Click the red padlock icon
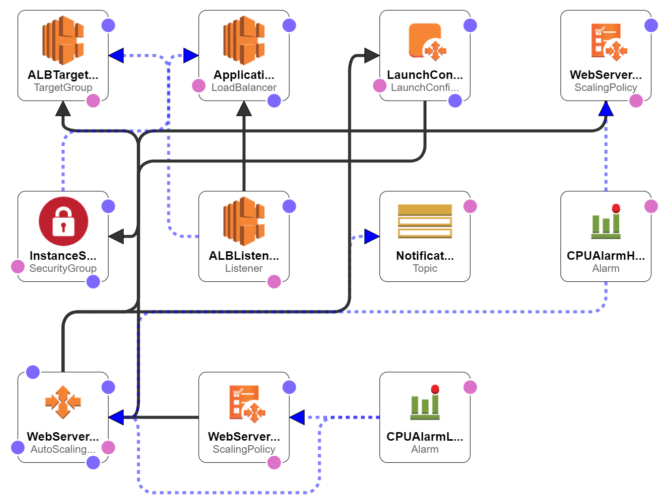coord(63,221)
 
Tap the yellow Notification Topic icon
coord(425,221)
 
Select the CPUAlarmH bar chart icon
coord(606,222)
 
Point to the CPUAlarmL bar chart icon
coord(425,403)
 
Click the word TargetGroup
coord(63,87)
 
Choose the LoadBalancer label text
coord(244,87)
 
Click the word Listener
coord(244,268)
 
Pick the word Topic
coord(425,268)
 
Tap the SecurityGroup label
coord(63,268)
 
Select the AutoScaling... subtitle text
coord(63,449)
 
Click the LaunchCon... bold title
coord(425,75)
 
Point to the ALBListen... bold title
coord(244,256)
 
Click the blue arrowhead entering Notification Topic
coord(371,236)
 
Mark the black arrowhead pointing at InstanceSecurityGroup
coord(117,236)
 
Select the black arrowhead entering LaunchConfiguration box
coord(371,55)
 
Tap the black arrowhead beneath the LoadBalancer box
coord(244,109)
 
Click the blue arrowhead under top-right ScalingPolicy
coord(606,109)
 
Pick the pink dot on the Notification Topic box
coord(470,206)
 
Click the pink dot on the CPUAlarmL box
coord(470,387)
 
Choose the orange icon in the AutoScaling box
coord(63,402)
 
